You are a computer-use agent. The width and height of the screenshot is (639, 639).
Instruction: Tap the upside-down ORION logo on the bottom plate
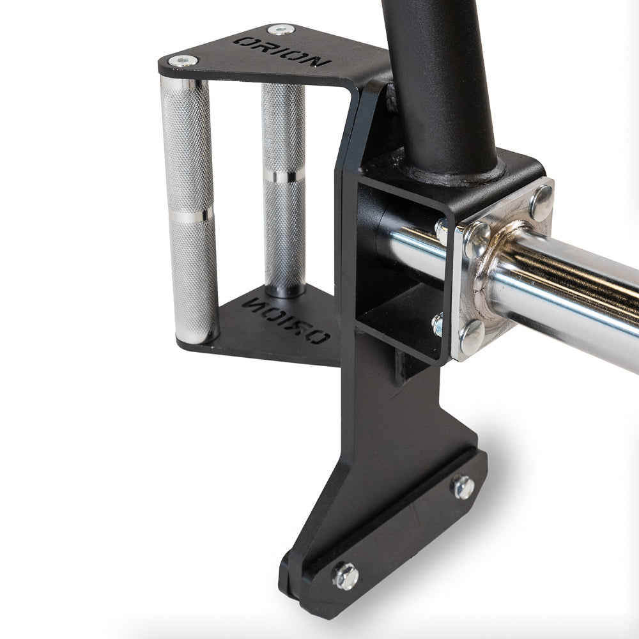(285, 321)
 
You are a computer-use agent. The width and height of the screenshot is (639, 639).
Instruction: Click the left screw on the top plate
(183, 61)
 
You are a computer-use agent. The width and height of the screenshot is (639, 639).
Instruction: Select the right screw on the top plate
(281, 30)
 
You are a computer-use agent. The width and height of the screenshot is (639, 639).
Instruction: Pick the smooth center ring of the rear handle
(284, 176)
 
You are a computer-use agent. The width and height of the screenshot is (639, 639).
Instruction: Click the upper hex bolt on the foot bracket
(463, 487)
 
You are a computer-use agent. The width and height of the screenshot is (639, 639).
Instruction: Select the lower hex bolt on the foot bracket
(346, 576)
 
